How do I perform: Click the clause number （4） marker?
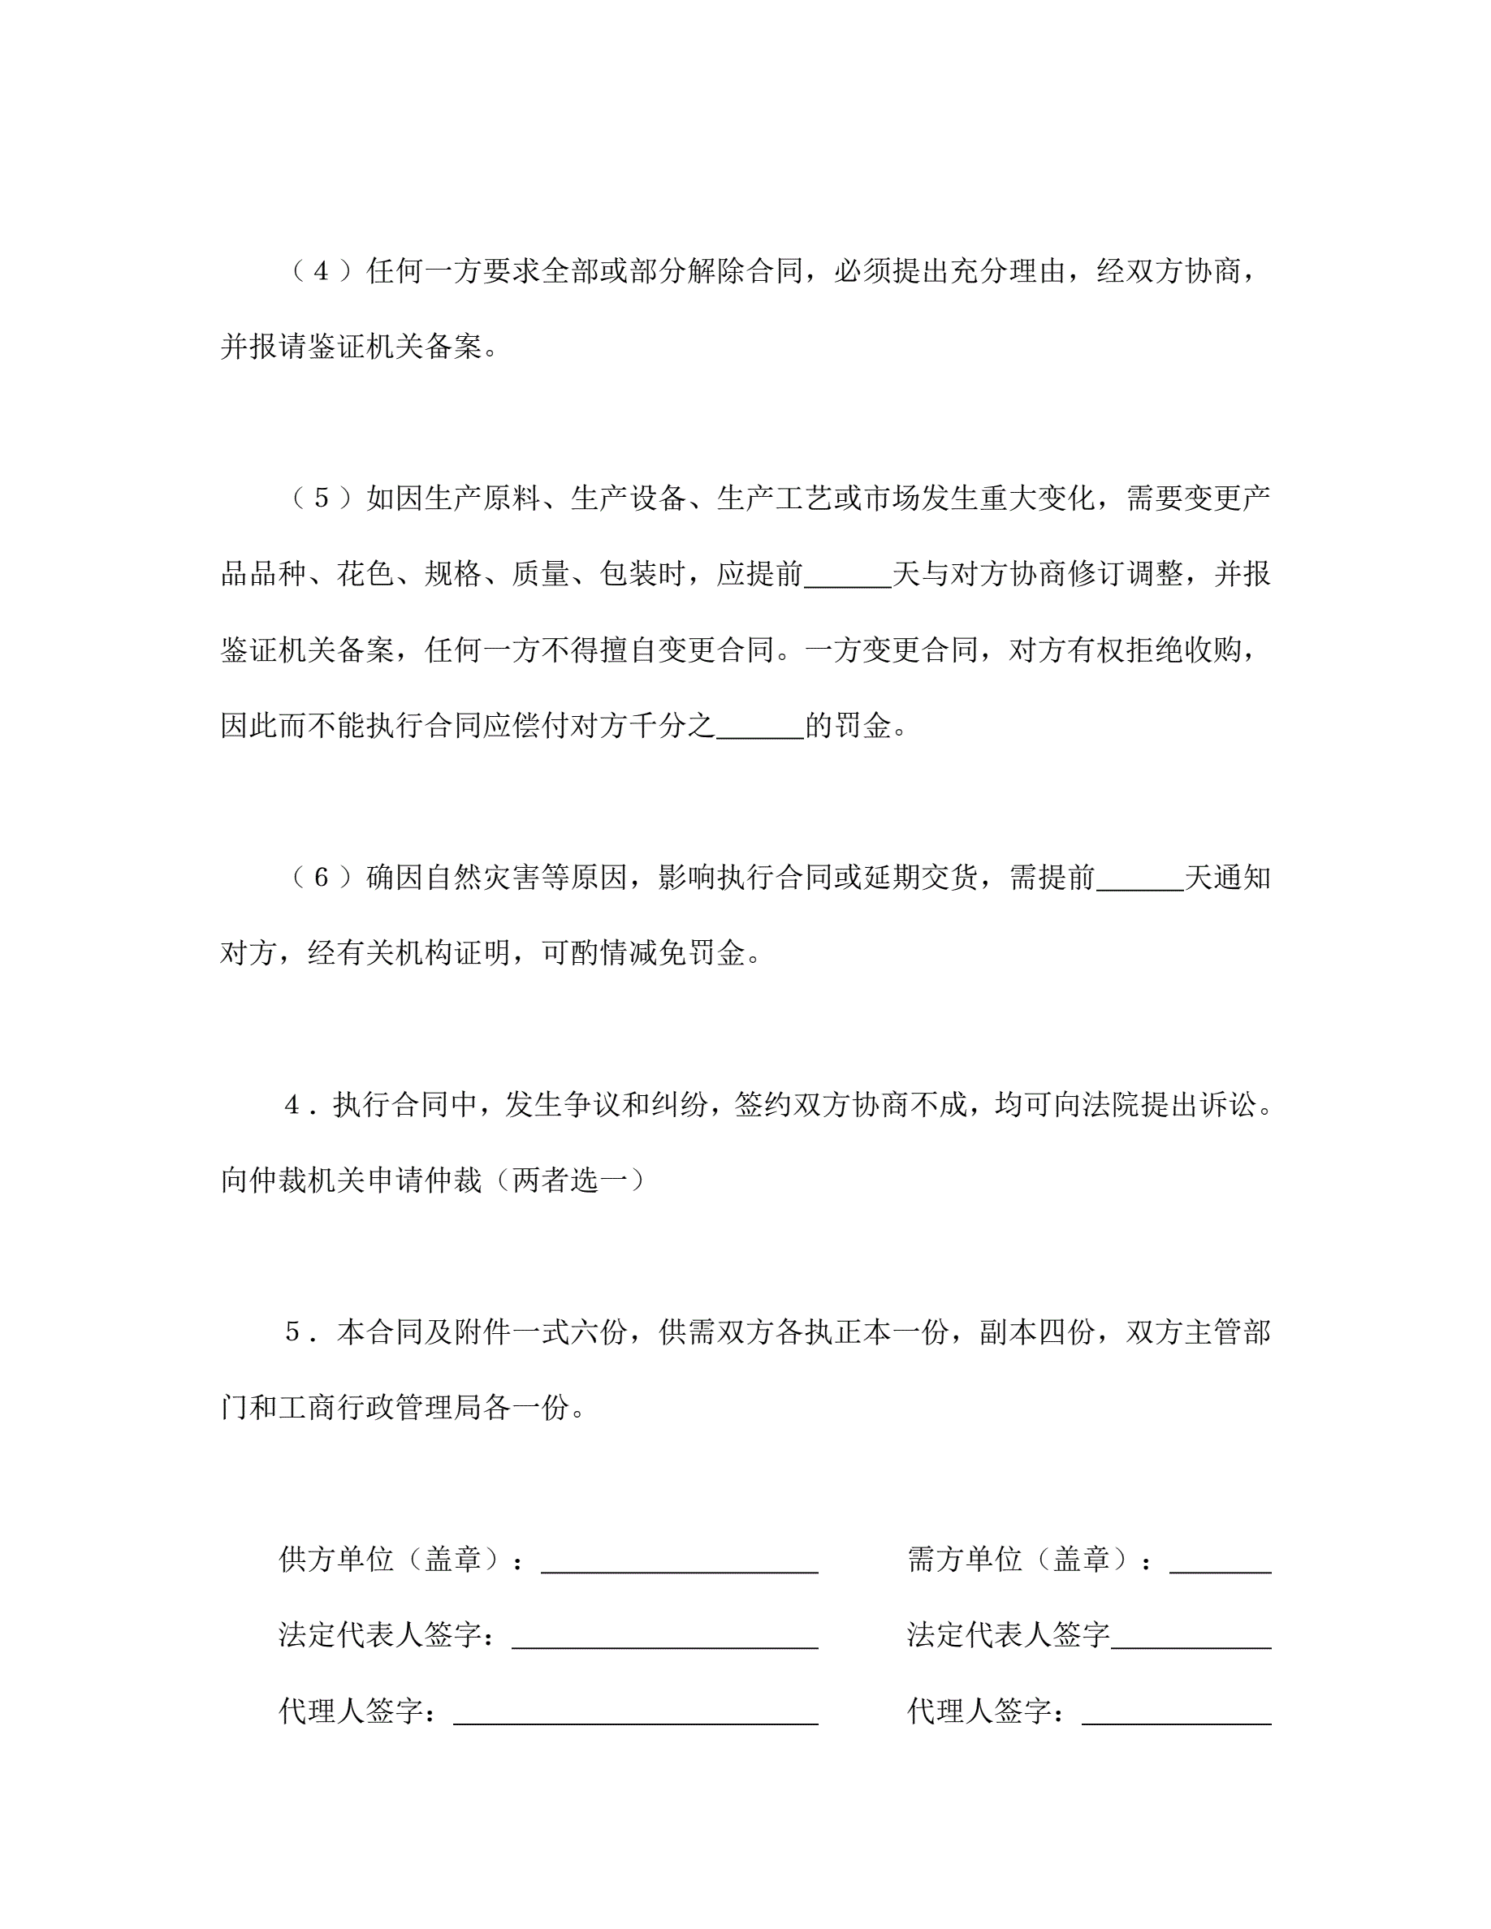point(322,271)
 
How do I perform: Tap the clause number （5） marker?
point(322,498)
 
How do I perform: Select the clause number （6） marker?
point(322,877)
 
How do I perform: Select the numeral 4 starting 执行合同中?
point(292,1105)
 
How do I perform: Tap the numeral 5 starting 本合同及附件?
point(293,1332)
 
